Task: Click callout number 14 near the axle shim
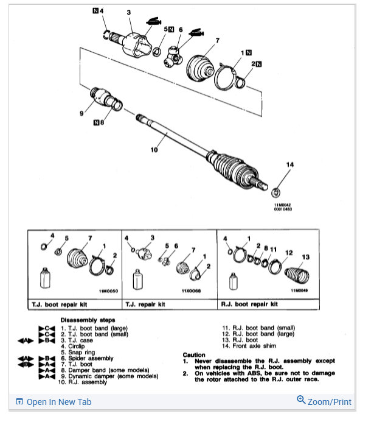[x=289, y=164]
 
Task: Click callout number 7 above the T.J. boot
[x=217, y=40]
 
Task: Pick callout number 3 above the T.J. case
[x=128, y=12]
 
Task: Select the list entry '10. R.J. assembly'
[x=83, y=382]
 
